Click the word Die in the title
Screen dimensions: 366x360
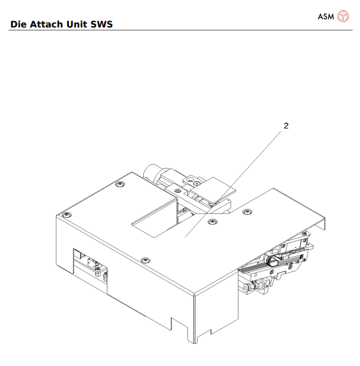point(19,25)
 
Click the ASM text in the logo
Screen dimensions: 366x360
point(326,16)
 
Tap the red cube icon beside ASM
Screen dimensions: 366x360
point(344,16)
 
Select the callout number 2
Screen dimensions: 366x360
point(286,126)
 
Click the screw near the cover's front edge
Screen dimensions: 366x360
point(145,259)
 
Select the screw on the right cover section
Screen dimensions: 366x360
point(248,210)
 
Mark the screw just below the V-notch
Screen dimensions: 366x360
point(213,220)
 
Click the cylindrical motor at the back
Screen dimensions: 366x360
point(157,172)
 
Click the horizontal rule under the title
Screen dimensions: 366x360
point(179,31)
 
